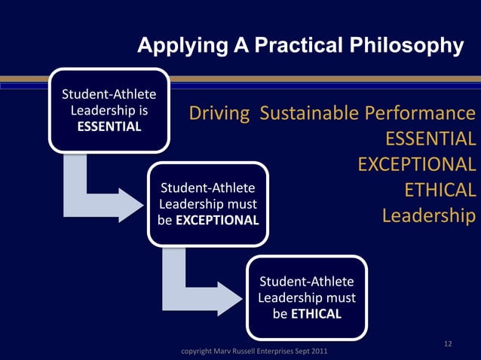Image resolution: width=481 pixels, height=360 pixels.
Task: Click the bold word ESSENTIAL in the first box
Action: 109,126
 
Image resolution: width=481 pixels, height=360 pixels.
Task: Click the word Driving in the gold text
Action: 219,114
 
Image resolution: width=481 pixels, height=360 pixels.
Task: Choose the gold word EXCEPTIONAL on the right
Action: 416,164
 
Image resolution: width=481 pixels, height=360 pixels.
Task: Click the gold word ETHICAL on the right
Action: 440,190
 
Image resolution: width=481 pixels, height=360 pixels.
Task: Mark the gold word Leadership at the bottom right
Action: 428,215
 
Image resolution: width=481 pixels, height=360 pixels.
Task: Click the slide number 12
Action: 448,345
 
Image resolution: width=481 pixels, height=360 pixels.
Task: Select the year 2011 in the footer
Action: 318,352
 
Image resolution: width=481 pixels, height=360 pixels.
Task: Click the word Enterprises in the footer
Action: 276,352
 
